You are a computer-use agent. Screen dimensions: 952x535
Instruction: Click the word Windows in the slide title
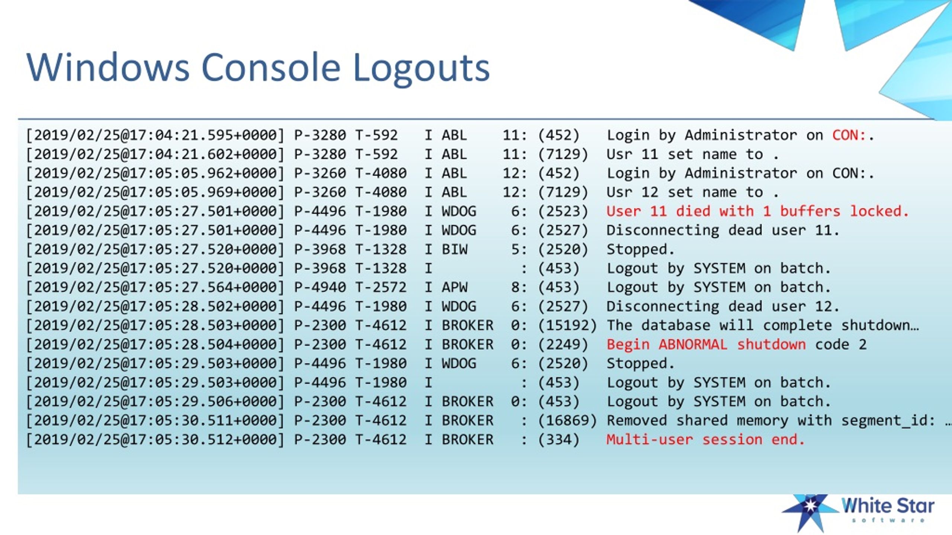coord(108,67)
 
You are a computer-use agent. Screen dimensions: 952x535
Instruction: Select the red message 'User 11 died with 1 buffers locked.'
coord(758,211)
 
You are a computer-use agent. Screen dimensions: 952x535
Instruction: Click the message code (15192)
coord(567,325)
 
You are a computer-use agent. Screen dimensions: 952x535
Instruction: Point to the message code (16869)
coord(567,421)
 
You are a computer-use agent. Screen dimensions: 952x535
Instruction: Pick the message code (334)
coord(559,440)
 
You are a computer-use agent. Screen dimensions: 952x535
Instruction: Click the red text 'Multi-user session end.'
coord(705,440)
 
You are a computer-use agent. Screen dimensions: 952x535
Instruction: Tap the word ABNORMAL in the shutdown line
coord(693,344)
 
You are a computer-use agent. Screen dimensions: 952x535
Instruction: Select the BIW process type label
coord(454,249)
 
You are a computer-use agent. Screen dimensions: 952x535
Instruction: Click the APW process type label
coord(454,287)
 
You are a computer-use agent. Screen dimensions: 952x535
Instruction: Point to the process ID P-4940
coord(320,287)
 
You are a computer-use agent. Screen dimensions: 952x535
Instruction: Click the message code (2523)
coord(563,211)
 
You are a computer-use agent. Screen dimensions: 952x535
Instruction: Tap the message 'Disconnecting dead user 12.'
coord(723,307)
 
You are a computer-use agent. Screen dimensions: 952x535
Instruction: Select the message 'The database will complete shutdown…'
coord(763,325)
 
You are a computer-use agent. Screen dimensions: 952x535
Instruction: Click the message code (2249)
coord(563,344)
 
